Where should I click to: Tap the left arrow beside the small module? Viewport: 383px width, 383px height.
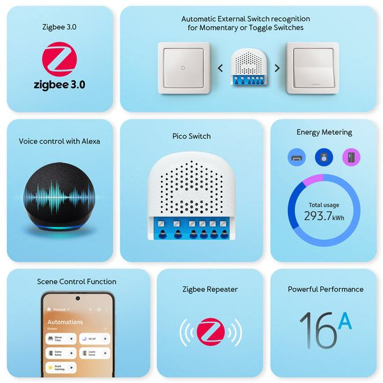coord(220,68)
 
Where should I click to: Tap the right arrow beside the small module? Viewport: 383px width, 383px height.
coord(277,68)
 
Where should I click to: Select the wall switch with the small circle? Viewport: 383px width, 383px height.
coord(183,68)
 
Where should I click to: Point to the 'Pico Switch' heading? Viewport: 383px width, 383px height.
coord(191,136)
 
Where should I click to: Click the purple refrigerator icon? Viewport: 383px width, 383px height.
coord(351,156)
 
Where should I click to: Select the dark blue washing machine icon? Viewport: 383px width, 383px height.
coord(324,156)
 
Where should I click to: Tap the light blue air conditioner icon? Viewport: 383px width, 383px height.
coord(297,156)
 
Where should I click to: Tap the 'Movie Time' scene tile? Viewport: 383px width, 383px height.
coord(61,338)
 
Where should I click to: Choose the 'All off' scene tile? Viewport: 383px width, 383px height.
coord(94,338)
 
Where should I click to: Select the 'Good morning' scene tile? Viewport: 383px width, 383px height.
coord(61,368)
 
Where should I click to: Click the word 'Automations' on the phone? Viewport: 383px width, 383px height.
coord(65,322)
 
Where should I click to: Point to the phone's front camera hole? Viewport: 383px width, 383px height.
coord(78,297)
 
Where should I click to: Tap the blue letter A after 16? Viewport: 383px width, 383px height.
coord(345,321)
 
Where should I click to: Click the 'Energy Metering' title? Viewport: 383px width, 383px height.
coord(324,132)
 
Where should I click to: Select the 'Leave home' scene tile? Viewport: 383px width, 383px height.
coord(94,353)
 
